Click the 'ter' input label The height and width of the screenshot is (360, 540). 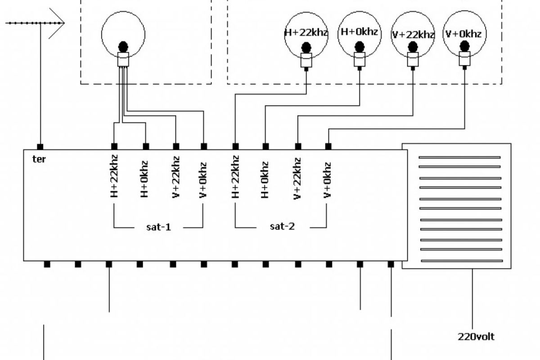tap(40, 159)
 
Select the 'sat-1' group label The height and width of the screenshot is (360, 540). tap(159, 226)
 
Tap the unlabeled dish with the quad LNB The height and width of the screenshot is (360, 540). tap(123, 34)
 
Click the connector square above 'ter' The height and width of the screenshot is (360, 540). tap(40, 147)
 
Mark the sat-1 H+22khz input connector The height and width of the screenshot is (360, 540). tap(114, 146)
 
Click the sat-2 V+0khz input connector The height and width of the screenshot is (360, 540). tap(328, 146)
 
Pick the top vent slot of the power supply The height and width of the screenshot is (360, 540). tap(459, 157)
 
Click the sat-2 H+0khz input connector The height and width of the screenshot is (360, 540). tap(265, 146)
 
